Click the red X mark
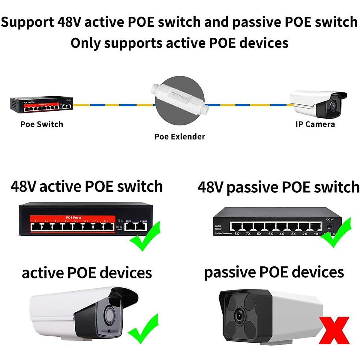click(x=334, y=330)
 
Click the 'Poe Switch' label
click(x=42, y=124)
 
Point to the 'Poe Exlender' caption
click(x=179, y=136)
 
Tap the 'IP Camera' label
click(x=315, y=124)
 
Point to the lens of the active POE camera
click(x=109, y=314)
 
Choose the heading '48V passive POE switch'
click(x=278, y=187)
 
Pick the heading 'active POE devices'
click(x=87, y=273)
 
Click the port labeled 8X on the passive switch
click(x=236, y=227)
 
